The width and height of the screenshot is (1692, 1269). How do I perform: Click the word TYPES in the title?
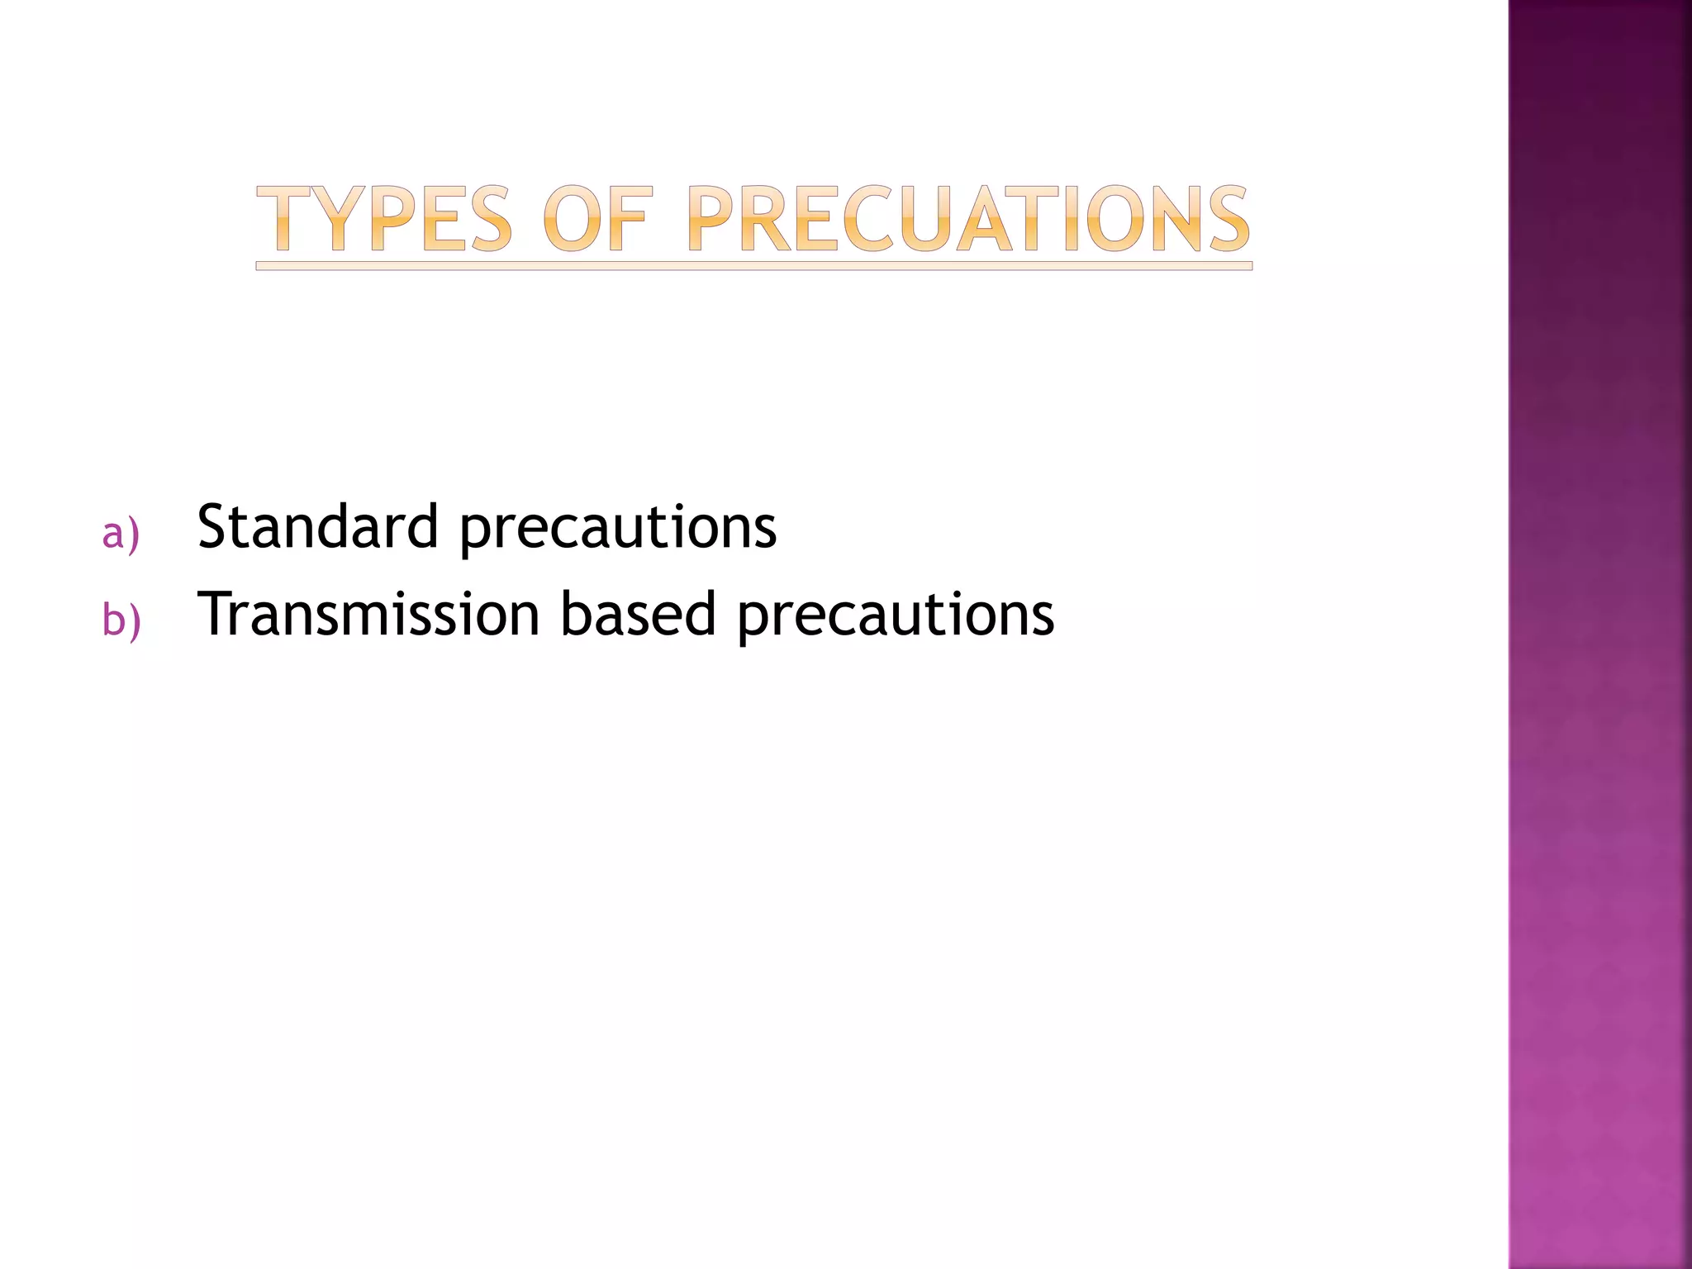384,219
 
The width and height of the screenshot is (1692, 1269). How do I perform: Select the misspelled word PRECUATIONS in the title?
968,219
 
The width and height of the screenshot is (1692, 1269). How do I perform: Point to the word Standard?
317,526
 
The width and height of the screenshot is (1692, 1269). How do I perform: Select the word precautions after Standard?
618,529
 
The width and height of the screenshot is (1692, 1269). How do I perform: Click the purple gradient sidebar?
1599,634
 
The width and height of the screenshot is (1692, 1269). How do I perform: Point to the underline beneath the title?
753,266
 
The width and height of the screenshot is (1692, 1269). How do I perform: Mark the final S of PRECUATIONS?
1226,219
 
